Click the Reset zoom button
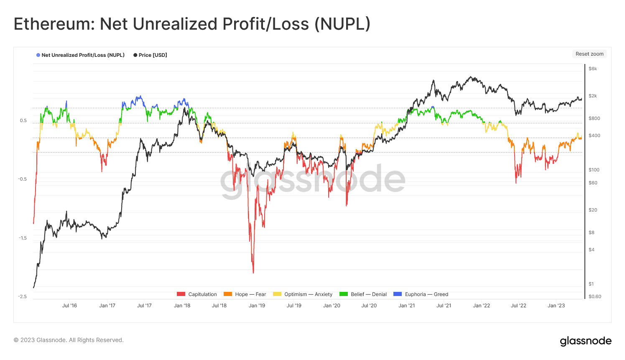589,54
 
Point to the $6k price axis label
593,69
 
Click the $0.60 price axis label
594,296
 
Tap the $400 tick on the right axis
594,135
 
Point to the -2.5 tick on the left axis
22,296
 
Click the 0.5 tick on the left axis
23,120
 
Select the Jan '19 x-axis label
257,306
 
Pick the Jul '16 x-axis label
69,306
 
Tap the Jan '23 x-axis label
556,306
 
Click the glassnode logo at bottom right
586,341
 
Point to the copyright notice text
69,340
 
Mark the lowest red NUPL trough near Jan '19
253,273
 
